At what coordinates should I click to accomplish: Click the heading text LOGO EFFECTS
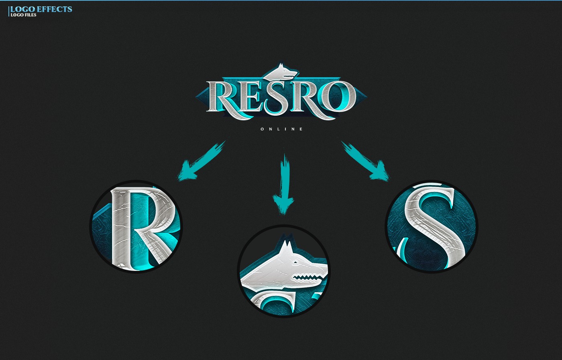click(x=41, y=9)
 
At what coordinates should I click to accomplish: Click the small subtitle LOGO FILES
click(x=23, y=15)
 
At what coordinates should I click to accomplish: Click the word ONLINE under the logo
click(x=282, y=129)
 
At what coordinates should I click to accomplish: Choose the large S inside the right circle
click(x=432, y=227)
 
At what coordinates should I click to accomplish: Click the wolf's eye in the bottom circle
click(x=296, y=262)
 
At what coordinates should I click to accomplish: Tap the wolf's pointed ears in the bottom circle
click(x=286, y=246)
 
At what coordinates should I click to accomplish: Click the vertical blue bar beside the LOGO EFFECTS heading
click(x=9, y=11)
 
